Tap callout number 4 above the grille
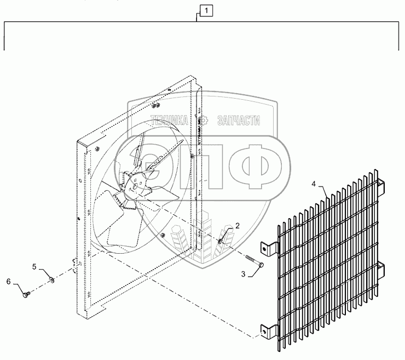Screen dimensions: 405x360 pyautogui.click(x=314, y=183)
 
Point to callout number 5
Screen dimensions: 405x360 pyautogui.click(x=34, y=267)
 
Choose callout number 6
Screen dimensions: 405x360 pyautogui.click(x=9, y=281)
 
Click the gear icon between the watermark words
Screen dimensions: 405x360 pyautogui.click(x=204, y=121)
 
